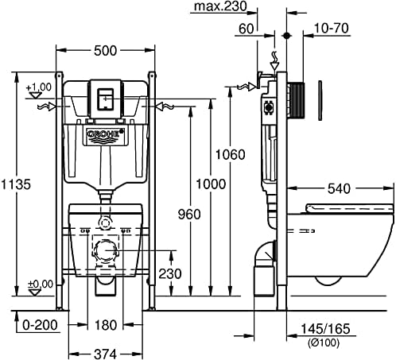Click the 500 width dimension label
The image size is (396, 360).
105,51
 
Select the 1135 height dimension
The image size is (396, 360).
16,184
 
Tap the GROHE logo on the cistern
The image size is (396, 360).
106,134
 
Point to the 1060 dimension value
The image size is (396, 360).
231,154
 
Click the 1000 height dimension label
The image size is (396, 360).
211,184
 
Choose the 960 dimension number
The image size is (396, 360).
189,214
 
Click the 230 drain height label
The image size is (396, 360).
170,273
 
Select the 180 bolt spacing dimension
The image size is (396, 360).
105,325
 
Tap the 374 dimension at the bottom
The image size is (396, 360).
105,354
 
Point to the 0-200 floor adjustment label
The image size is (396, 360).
40,325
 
